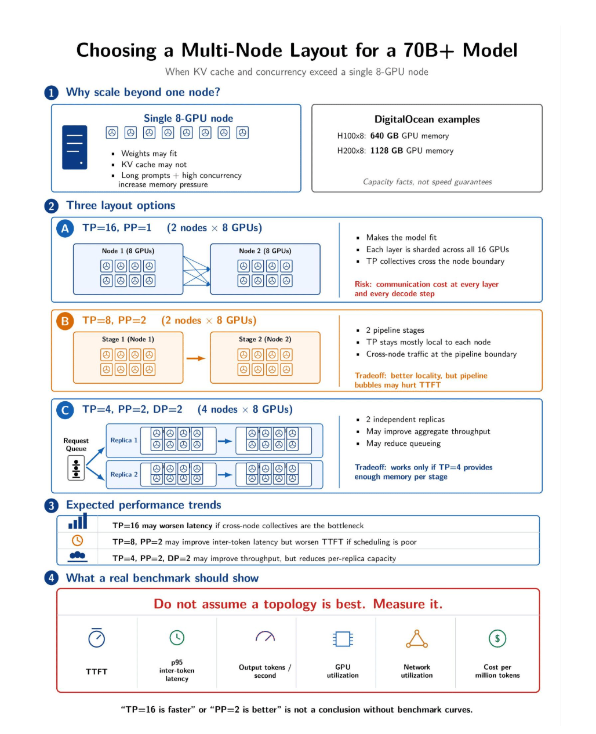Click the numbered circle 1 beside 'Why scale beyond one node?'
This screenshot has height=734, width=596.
(52, 93)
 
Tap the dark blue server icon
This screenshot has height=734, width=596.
(74, 147)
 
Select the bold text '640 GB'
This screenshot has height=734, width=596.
(384, 136)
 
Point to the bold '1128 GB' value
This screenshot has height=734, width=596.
(387, 151)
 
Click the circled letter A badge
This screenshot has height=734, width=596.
(65, 228)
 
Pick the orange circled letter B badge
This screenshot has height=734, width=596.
(65, 321)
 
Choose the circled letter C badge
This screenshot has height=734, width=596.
(65, 410)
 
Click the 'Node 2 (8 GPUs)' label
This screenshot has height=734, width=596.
(265, 251)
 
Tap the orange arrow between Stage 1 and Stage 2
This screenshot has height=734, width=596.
(196, 358)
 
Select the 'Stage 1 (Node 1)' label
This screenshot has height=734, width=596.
(128, 339)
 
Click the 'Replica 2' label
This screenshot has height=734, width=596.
(123, 474)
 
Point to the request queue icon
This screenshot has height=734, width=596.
(76, 468)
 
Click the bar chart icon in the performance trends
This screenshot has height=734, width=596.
(78, 521)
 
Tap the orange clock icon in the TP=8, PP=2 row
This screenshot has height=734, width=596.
(78, 540)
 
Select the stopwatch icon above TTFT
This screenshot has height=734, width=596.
(96, 637)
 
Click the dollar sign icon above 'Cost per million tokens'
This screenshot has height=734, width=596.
(497, 638)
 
